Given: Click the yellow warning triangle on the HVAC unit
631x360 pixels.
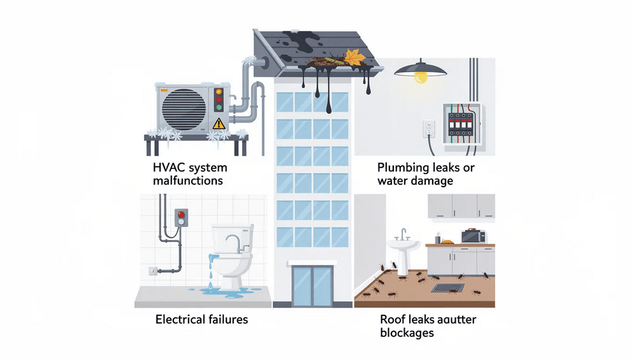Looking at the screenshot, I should (219, 122).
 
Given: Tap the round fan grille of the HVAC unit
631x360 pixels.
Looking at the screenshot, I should (183, 108).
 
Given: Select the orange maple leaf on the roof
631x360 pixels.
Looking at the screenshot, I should (354, 57).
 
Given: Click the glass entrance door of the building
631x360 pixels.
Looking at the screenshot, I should (312, 285).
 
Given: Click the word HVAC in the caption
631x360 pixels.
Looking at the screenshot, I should (168, 168).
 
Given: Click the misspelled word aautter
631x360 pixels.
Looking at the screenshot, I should (454, 319).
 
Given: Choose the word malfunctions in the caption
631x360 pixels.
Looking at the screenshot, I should (188, 180).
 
